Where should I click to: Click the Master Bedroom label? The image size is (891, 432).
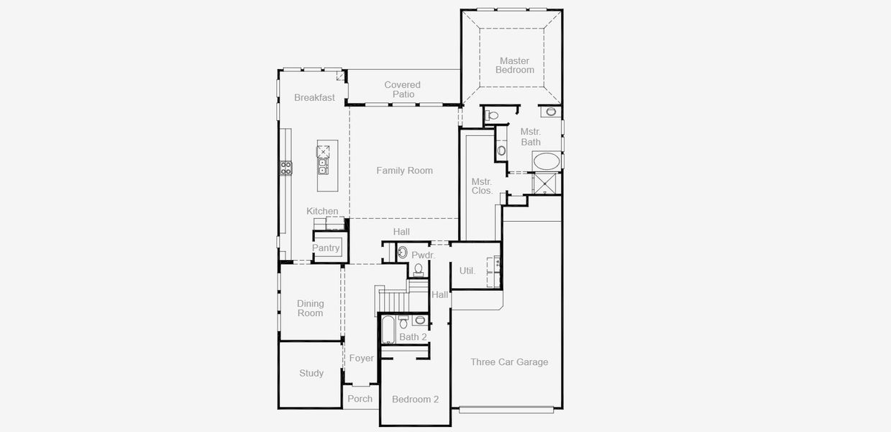pyautogui.click(x=514, y=66)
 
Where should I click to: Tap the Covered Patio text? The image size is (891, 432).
pyautogui.click(x=403, y=89)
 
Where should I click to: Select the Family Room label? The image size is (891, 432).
pyautogui.click(x=404, y=171)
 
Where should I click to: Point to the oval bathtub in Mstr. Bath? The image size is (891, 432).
pyautogui.click(x=547, y=161)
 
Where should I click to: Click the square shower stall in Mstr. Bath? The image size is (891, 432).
pyautogui.click(x=546, y=184)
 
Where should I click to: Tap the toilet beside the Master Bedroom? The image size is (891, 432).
pyautogui.click(x=493, y=115)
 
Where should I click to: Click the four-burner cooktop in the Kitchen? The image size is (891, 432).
pyautogui.click(x=286, y=168)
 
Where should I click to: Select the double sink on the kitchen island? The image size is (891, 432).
pyautogui.click(x=323, y=167)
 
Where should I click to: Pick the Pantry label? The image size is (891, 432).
pyautogui.click(x=326, y=248)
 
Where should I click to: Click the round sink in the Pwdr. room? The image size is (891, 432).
pyautogui.click(x=403, y=253)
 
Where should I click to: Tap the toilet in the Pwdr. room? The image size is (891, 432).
pyautogui.click(x=418, y=269)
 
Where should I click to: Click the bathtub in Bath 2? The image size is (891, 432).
pyautogui.click(x=388, y=330)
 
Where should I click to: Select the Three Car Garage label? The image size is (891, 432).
pyautogui.click(x=509, y=362)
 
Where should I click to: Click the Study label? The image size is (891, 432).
pyautogui.click(x=311, y=373)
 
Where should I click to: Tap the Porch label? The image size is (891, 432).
pyautogui.click(x=360, y=399)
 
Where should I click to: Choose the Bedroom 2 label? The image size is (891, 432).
pyautogui.click(x=415, y=400)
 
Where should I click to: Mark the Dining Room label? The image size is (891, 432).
pyautogui.click(x=311, y=308)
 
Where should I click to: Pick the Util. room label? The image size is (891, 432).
pyautogui.click(x=467, y=271)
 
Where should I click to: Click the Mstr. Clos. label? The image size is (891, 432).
pyautogui.click(x=482, y=186)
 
